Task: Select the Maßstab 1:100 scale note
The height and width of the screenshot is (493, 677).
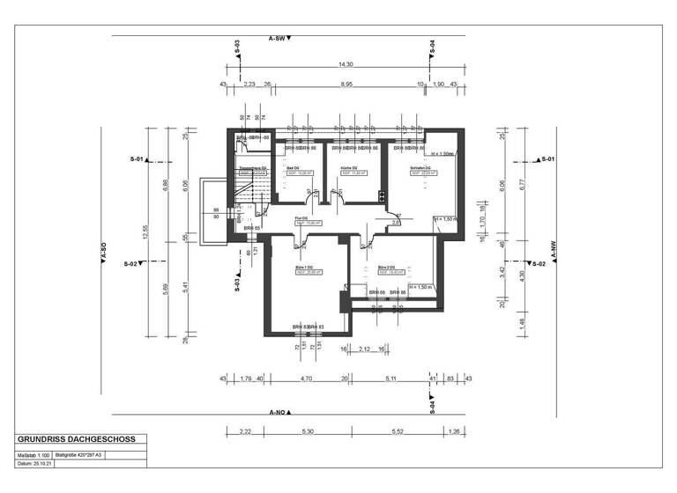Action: point(34,455)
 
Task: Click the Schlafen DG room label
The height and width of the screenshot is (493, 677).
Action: point(419,168)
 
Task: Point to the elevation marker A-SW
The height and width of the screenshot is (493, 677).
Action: point(279,39)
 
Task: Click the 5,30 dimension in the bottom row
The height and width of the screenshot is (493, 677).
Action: point(307,431)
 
